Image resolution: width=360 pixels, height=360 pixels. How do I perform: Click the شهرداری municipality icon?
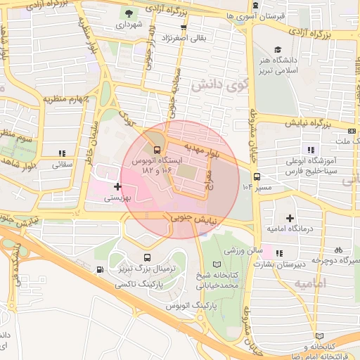tap(129, 13)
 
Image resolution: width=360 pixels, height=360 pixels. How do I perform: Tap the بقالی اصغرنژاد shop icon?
tap(184, 27)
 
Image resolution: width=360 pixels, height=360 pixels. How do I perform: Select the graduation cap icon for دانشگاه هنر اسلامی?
tap(278, 50)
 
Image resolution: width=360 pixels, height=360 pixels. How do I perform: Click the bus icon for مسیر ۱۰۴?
tap(257, 176)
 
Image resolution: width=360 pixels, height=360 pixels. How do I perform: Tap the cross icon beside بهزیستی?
tap(117, 187)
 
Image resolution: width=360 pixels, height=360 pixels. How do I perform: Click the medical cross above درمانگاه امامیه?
tap(290, 219)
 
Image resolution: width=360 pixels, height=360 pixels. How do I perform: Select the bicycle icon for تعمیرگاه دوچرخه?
tap(338, 250)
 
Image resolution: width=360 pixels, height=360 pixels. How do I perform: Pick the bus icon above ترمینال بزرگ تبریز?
tap(147, 258)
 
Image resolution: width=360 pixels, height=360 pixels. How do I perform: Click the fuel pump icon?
tap(101, 269)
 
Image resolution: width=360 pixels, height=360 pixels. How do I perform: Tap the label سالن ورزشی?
tap(243, 250)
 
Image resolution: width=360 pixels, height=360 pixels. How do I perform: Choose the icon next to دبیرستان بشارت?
tap(279, 253)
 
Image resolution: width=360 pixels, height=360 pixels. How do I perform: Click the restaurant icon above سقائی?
tap(63, 153)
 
